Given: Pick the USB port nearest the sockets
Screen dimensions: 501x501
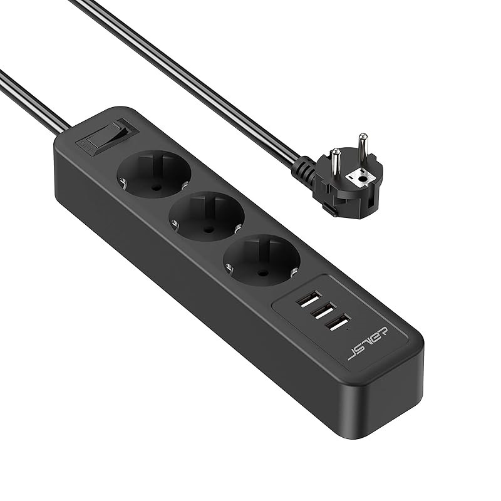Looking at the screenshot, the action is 309,298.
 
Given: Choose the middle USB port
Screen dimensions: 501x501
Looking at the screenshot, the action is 324,312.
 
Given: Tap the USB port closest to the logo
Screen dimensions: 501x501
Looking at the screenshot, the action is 338,326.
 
